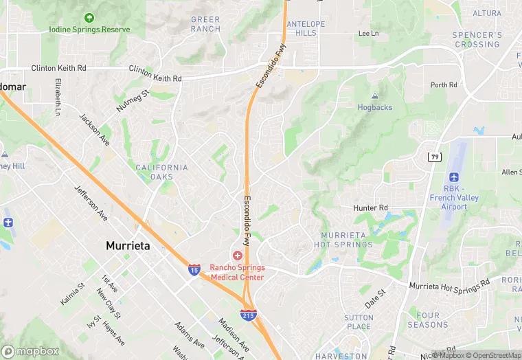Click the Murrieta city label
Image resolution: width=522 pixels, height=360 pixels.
click(x=127, y=245)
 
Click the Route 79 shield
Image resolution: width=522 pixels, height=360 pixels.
click(x=434, y=157)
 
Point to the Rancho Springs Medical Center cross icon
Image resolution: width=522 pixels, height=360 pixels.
click(x=237, y=256)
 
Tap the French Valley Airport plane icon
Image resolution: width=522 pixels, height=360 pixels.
click(x=454, y=177)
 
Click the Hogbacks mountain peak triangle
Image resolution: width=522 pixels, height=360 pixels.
click(x=374, y=97)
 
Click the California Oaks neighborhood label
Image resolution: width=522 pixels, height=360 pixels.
click(x=161, y=172)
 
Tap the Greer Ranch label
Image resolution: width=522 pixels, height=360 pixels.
click(x=205, y=24)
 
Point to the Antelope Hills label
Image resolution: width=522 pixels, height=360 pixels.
click(x=306, y=28)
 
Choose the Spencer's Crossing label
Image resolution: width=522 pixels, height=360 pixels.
click(x=477, y=39)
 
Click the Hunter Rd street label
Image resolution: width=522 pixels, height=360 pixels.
click(x=372, y=207)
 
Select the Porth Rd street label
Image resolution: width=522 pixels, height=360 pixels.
click(x=444, y=85)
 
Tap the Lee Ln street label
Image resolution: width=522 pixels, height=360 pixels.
click(x=369, y=33)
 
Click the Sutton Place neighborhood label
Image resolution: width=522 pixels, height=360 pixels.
click(x=359, y=322)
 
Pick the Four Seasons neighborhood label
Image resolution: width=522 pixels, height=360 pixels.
click(x=427, y=320)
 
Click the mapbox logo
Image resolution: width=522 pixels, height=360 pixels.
click(x=30, y=351)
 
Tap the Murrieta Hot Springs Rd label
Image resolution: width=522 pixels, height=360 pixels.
click(x=449, y=283)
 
